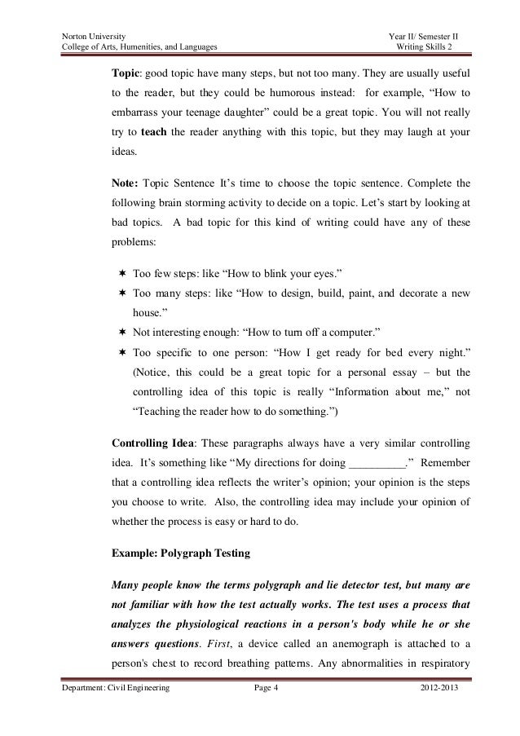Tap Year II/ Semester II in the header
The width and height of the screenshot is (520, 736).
425,37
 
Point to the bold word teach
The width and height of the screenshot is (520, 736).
156,132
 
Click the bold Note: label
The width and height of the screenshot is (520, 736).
124,182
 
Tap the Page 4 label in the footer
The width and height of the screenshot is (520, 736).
266,712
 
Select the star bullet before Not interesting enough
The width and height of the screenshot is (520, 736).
120,333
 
